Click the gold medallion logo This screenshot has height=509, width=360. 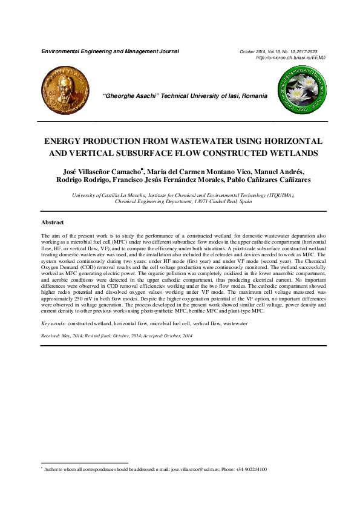click(x=63, y=91)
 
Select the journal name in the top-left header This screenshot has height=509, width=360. click(x=110, y=51)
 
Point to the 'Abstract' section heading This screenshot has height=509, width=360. click(x=53, y=222)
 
